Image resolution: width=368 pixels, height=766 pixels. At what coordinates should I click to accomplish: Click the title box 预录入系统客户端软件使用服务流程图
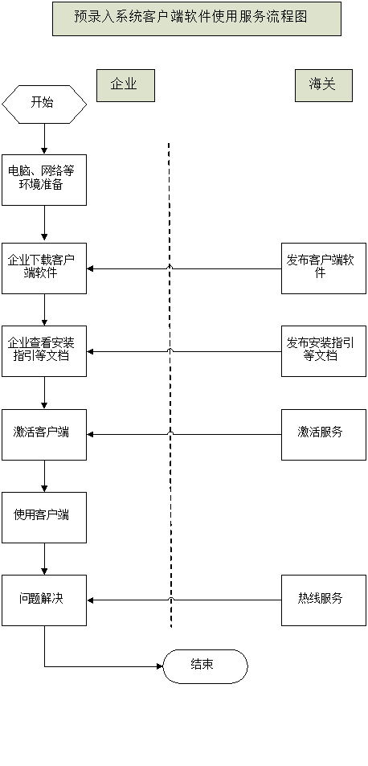[197, 18]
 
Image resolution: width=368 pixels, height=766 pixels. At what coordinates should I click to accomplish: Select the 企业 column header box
[125, 85]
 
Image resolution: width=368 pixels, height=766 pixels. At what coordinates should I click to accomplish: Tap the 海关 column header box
[324, 85]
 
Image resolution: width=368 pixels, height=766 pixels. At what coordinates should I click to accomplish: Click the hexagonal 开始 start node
[44, 104]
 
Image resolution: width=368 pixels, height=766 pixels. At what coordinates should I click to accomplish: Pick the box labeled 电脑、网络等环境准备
[44, 180]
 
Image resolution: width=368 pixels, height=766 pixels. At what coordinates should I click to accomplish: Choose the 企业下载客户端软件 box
[44, 268]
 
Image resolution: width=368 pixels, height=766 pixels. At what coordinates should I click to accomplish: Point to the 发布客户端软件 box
[324, 268]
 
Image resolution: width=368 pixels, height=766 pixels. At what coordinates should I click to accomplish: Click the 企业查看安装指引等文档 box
[44, 351]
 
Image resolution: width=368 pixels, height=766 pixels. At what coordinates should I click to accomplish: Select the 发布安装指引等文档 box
[324, 351]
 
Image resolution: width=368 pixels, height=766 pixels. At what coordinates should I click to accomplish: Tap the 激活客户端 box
[44, 434]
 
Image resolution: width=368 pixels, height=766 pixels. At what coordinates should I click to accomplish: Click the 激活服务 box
[324, 434]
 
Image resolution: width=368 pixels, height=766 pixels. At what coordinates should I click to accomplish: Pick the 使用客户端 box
[44, 518]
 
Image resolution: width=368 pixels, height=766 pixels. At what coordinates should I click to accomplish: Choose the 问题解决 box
[44, 600]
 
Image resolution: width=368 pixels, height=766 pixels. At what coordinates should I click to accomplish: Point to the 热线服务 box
[324, 600]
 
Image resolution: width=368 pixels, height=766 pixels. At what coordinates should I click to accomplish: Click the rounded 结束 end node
[205, 666]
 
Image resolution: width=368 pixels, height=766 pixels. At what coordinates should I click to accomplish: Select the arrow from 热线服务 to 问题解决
[184, 600]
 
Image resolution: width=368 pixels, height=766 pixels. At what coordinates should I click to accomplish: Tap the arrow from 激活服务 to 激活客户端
[184, 434]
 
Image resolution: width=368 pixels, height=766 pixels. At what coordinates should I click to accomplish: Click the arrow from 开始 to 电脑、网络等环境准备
[44, 139]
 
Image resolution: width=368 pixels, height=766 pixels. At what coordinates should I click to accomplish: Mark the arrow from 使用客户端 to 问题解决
[44, 559]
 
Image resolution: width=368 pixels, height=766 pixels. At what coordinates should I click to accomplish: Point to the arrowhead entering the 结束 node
[160, 666]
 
